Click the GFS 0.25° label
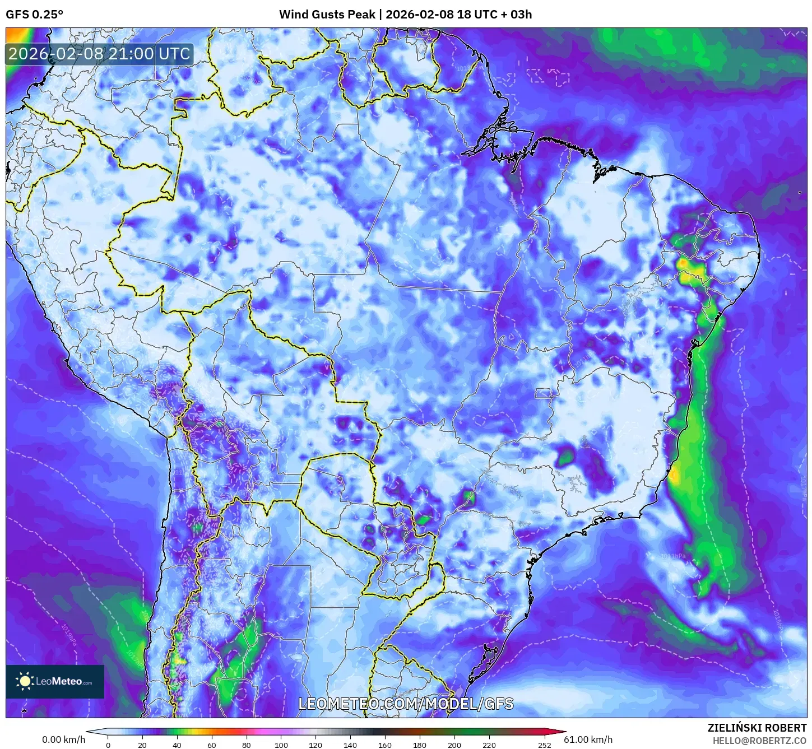coord(34,15)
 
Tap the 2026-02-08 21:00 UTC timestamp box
coord(99,54)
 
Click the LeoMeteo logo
coord(55,681)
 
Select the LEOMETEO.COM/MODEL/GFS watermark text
coord(406,704)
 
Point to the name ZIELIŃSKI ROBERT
coord(757,728)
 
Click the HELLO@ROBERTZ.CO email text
coord(759,741)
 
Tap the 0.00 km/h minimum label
coord(63,739)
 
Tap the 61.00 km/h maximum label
coord(588,739)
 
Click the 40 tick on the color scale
coord(177,745)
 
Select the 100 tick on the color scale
coord(281,745)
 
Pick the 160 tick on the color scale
coord(385,745)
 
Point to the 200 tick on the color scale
coord(454,745)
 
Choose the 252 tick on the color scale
coord(545,745)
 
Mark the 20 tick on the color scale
coord(142,745)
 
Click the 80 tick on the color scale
coord(247,745)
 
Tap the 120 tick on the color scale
coord(315,745)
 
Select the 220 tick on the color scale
coord(489,745)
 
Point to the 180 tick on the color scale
coord(420,745)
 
